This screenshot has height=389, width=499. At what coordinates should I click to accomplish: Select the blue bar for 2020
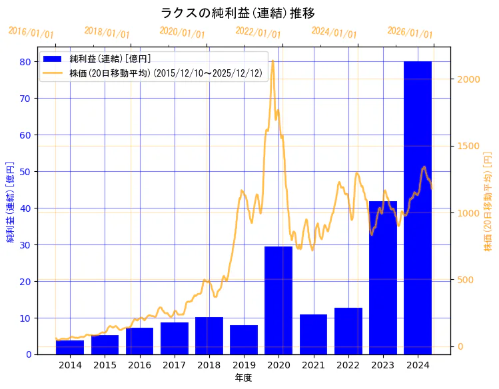coord(278,300)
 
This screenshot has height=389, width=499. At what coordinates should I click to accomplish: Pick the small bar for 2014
coord(70,348)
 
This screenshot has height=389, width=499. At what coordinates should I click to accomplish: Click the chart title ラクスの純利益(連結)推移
coord(238,13)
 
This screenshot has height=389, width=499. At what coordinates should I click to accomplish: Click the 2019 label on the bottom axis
coord(244,365)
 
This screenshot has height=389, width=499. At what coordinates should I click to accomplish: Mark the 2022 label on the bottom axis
coord(348,365)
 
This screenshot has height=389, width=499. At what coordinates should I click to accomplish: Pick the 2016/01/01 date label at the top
coord(31,33)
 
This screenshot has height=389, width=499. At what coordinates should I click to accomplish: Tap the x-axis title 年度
coord(244,378)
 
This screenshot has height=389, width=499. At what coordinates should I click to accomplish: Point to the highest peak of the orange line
coord(272,61)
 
